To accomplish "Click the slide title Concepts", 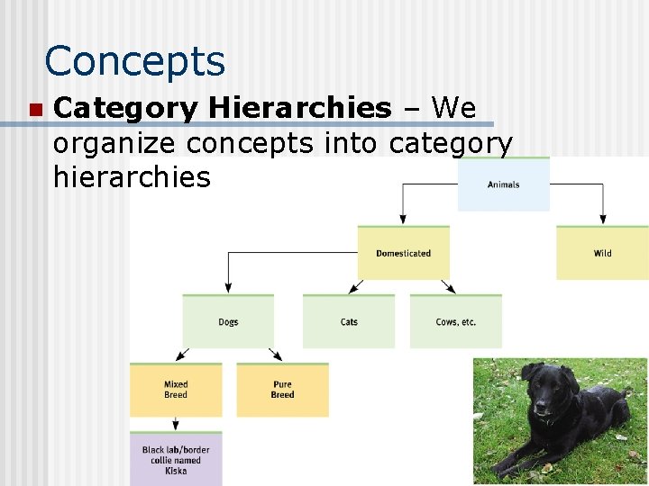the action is (135, 61).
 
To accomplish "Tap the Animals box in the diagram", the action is (503, 184).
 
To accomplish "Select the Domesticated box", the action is (403, 253).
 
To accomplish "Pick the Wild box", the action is (602, 253).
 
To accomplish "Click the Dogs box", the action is (228, 321).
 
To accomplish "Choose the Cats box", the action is (349, 321).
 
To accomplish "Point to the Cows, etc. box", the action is (455, 321).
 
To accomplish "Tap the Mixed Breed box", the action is (176, 390).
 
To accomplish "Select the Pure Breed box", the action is (282, 390).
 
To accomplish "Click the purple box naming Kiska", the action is (176, 459).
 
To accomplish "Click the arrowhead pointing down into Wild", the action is (602, 219).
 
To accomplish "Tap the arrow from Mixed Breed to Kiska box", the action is (176, 423).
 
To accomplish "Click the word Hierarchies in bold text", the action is (299, 109).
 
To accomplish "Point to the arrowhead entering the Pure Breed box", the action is (278, 356).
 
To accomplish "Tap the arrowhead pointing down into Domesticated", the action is (403, 219).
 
